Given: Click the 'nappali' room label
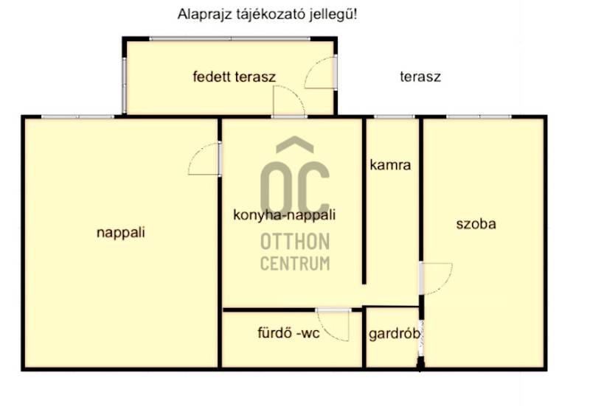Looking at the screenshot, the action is (121, 233).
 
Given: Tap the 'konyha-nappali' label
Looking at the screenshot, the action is (285, 215).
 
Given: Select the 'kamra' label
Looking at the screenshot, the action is (390, 165).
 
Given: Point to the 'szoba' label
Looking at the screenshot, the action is (476, 224).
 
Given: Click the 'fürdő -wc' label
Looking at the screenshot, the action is (288, 333).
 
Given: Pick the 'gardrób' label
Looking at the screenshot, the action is (395, 335).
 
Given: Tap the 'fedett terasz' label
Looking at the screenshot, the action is (235, 77).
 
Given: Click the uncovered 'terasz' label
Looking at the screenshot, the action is (420, 77).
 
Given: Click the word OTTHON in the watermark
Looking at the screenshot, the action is (296, 242).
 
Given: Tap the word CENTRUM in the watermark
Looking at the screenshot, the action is (296, 263).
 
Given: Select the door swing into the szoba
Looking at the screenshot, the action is (444, 285).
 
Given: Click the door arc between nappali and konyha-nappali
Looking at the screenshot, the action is (195, 153).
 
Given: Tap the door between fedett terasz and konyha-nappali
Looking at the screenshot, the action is (297, 95).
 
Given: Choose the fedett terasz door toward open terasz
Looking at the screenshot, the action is (311, 67).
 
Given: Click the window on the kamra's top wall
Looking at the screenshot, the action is (394, 117).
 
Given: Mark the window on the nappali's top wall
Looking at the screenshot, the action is (77, 117).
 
